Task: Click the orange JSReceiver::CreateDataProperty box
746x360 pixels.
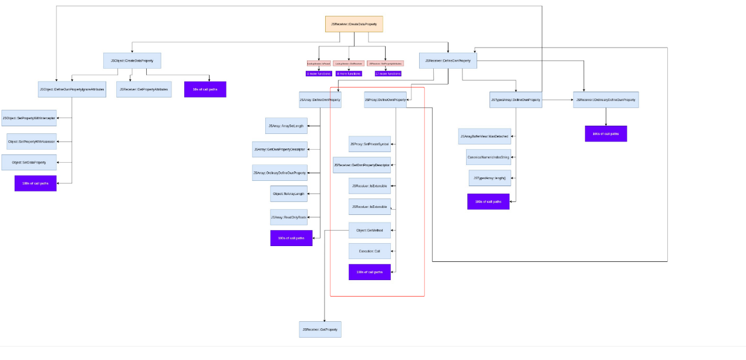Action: [x=354, y=24]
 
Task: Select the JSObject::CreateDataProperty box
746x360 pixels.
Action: [x=132, y=60]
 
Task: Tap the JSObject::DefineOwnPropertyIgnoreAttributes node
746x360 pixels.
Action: [x=72, y=89]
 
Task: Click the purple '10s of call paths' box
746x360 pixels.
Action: [x=205, y=89]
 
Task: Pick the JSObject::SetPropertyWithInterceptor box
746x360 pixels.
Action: [x=29, y=118]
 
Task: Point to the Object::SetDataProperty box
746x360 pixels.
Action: [x=29, y=162]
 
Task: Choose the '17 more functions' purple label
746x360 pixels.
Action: [x=388, y=74]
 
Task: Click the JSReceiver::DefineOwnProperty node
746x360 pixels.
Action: [x=448, y=60]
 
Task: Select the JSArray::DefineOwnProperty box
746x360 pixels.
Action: [x=320, y=100]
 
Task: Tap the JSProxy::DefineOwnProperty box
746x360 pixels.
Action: [x=385, y=100]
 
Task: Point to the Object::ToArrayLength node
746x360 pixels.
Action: [x=288, y=193]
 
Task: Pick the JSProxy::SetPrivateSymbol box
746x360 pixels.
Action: [x=369, y=144]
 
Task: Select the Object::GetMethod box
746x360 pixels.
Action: [x=369, y=230]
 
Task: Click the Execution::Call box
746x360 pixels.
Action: [x=369, y=251]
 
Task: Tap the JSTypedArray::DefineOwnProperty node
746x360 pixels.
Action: [x=515, y=100]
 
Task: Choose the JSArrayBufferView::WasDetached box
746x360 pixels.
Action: [x=484, y=136]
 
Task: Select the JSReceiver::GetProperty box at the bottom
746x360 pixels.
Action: [x=320, y=329]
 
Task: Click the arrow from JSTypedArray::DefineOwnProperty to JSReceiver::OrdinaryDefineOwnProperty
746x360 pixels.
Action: [x=557, y=100]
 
